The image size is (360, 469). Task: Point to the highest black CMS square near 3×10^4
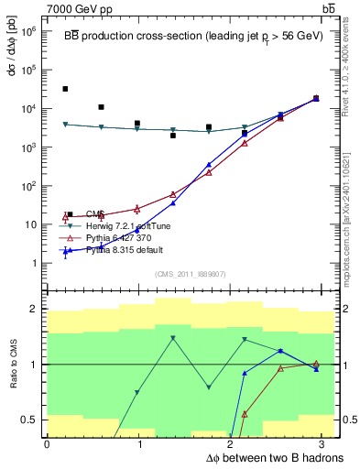click(65, 89)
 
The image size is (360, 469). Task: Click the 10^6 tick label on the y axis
click(29, 30)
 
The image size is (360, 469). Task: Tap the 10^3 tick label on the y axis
click(29, 147)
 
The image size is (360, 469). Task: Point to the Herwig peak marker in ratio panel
click(173, 339)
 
